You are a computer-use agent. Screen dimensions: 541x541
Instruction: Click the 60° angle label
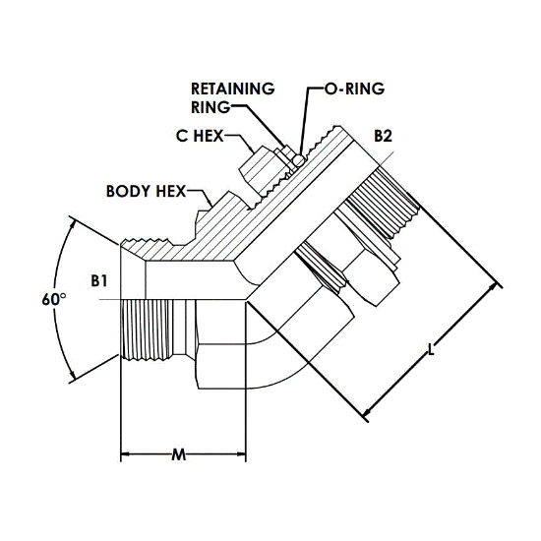tap(54, 299)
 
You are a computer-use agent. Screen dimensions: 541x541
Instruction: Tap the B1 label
tap(99, 281)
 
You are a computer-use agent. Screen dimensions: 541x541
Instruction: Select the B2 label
tap(384, 137)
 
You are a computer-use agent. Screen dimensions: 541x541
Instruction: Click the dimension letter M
tap(179, 455)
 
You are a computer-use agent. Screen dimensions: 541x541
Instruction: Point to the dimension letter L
tap(431, 349)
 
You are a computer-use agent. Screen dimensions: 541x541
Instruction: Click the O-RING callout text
tap(354, 89)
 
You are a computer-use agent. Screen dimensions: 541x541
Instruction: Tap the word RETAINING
tap(233, 89)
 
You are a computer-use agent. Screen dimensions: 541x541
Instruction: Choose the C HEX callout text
tap(200, 136)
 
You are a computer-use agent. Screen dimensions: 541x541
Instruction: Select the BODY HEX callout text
tap(146, 191)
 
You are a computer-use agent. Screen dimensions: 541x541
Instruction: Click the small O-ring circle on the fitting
tap(299, 160)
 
